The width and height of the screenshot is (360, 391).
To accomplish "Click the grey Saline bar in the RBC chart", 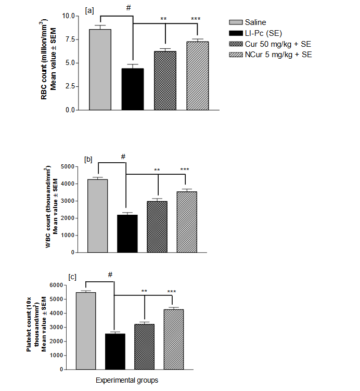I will click(x=99, y=70).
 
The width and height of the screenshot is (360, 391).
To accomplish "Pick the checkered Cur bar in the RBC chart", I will click(x=164, y=81).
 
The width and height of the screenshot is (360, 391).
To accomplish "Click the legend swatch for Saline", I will click(x=237, y=22).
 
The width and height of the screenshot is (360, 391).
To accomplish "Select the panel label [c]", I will click(x=73, y=276).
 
